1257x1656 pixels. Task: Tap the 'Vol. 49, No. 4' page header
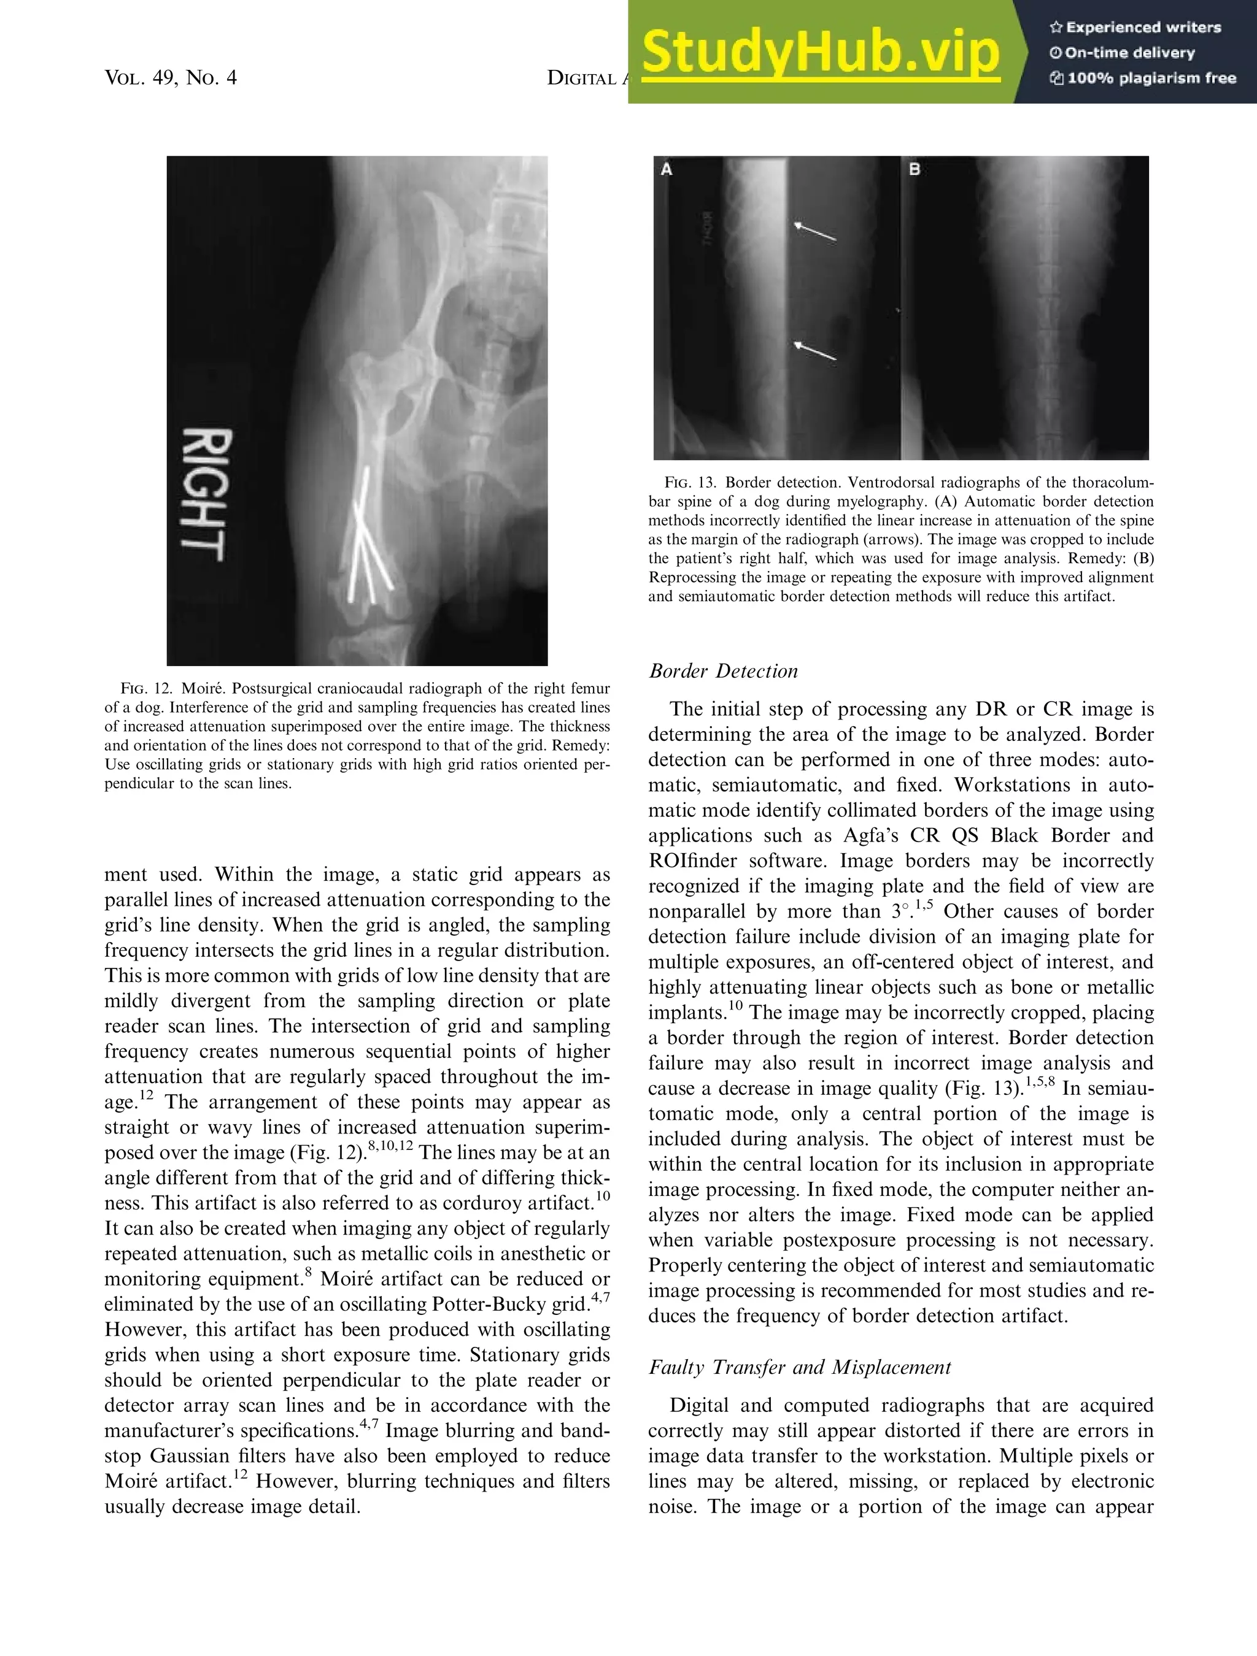click(x=171, y=78)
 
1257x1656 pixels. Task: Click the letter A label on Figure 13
click(x=666, y=170)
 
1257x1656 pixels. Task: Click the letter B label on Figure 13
click(x=914, y=170)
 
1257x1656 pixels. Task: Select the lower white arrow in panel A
click(x=814, y=350)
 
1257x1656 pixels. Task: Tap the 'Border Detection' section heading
click(x=723, y=671)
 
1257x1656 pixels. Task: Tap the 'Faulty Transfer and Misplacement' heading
click(x=799, y=1367)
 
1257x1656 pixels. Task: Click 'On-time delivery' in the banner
click(x=1129, y=52)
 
